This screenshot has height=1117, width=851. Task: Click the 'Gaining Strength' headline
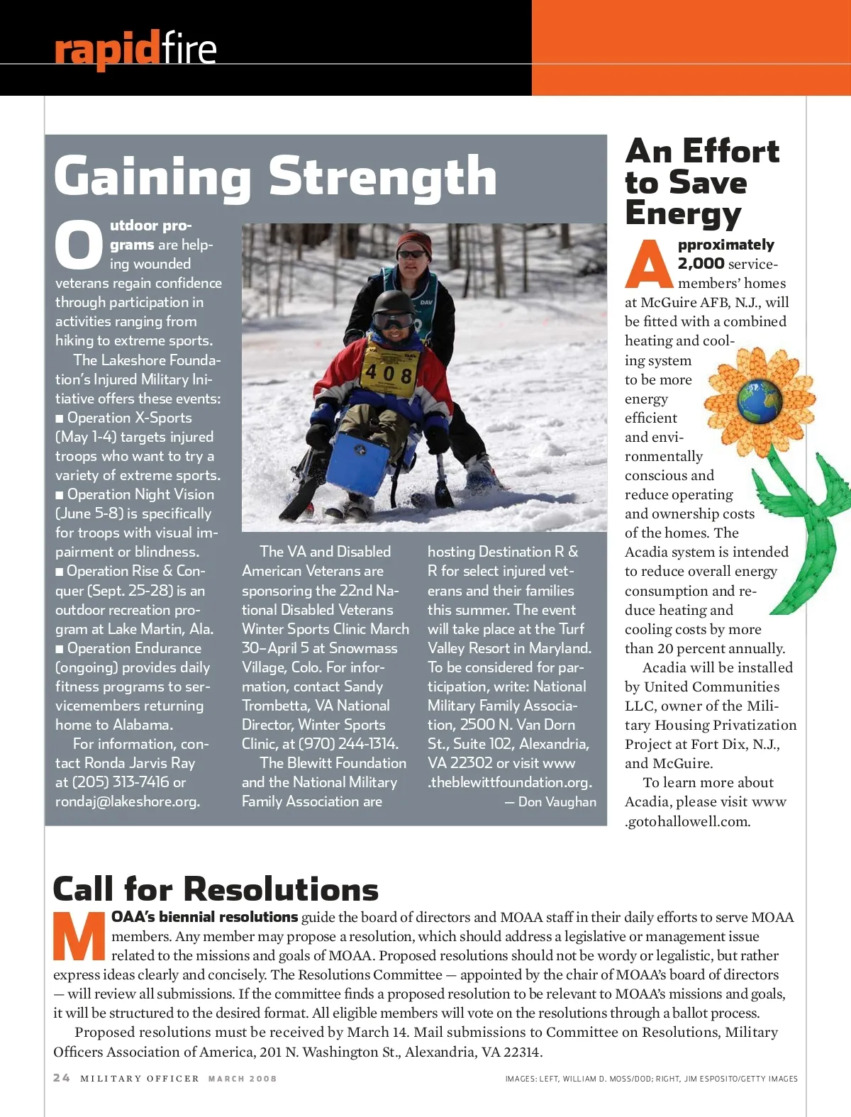point(275,177)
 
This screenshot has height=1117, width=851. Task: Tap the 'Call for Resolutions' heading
point(216,889)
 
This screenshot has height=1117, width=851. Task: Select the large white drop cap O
point(79,245)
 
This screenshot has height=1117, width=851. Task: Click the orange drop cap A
point(648,264)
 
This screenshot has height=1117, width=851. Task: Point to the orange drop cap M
point(79,935)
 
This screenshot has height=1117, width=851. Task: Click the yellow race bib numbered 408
point(388,371)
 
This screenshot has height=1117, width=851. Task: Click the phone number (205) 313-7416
point(119,782)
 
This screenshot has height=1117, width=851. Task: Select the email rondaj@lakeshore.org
point(128,801)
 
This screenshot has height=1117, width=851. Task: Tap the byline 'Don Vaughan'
point(557,801)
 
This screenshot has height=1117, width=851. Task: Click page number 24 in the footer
point(62,1078)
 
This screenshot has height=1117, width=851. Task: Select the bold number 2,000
point(701,264)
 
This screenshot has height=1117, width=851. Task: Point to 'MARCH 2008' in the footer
point(242,1079)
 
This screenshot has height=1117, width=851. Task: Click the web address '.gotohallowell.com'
point(687,821)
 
